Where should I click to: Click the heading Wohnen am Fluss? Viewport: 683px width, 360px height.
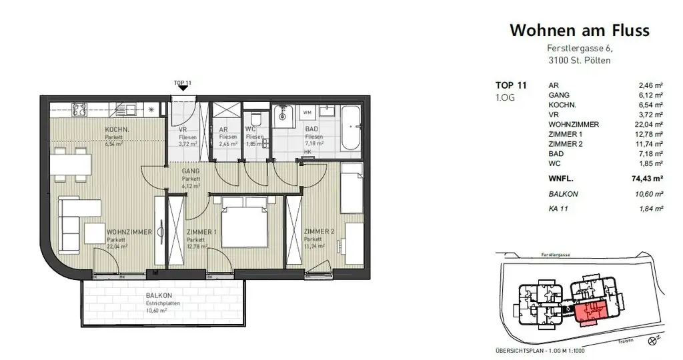[x=579, y=31]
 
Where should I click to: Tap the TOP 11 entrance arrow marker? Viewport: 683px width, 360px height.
[x=183, y=88]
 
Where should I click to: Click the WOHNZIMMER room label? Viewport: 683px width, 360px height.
[x=129, y=233]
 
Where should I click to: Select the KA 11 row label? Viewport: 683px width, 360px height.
[x=558, y=209]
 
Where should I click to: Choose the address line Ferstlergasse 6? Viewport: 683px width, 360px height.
[x=579, y=49]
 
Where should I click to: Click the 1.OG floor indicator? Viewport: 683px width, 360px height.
[x=504, y=98]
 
